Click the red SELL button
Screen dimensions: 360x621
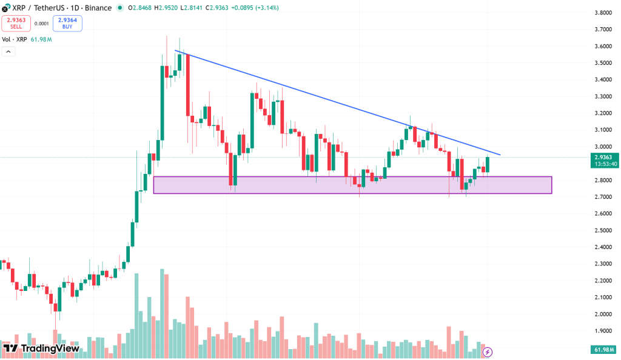tap(16, 24)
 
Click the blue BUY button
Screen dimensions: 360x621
tap(67, 24)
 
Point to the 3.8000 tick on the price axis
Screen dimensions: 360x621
tap(602, 13)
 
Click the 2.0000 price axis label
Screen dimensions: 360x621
tap(602, 314)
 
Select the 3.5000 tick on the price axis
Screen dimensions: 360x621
tap(602, 63)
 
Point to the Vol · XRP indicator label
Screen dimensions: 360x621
tap(15, 39)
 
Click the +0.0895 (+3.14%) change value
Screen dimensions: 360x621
tap(255, 8)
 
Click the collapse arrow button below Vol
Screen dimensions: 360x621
tap(8, 52)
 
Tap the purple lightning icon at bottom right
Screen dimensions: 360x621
tap(487, 351)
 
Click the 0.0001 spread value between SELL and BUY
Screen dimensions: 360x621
tap(42, 24)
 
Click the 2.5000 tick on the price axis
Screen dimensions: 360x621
tap(602, 230)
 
